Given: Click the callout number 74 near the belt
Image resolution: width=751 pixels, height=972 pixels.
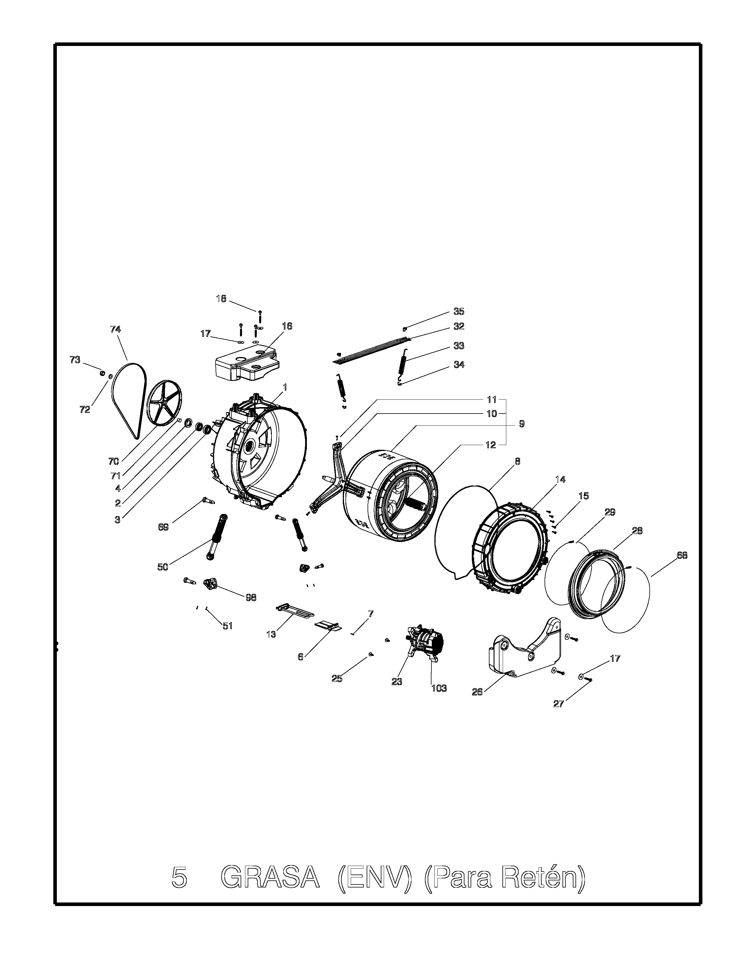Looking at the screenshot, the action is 115,329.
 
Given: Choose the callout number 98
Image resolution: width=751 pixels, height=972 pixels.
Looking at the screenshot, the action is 251,598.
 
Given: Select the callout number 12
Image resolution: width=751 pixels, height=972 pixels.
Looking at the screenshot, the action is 490,445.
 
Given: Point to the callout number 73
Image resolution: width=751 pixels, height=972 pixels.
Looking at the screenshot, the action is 75,360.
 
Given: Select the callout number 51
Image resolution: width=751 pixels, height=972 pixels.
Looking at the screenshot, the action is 228,626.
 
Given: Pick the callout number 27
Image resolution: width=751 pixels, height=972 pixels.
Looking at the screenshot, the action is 559,704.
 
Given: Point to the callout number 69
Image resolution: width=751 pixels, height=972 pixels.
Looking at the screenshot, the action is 163,527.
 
